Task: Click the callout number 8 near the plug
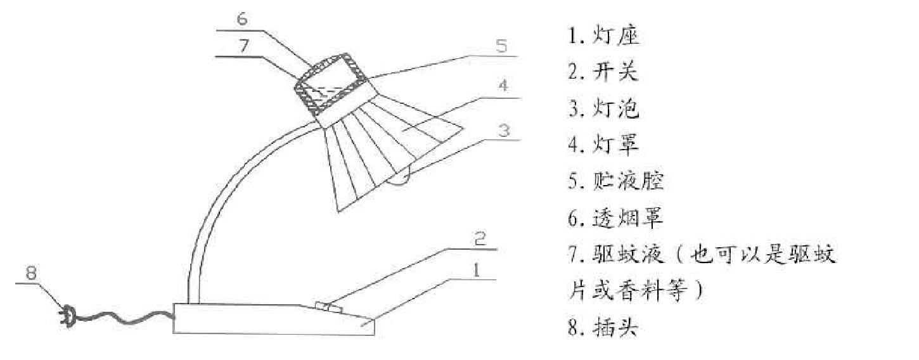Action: [32, 273]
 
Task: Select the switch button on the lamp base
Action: [328, 308]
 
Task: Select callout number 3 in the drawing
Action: [503, 131]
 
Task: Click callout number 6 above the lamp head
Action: [243, 19]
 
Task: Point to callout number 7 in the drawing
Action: [243, 46]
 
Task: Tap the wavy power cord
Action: [127, 316]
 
